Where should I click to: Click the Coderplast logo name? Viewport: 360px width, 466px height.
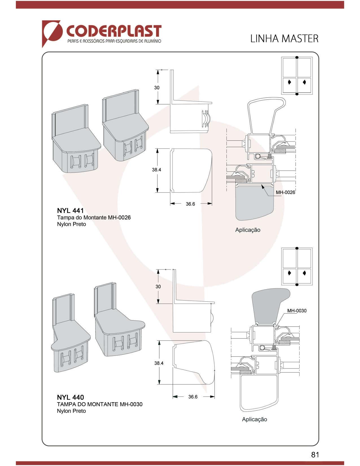coord(114,31)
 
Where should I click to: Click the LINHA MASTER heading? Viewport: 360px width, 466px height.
coord(284,39)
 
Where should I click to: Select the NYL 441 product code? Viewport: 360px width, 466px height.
coord(70,210)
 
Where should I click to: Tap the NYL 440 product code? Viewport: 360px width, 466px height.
coord(70,397)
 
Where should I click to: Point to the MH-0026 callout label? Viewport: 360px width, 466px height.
coord(285,193)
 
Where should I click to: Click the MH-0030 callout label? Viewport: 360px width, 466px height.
coord(296,311)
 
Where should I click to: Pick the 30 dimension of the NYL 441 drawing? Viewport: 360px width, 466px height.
coord(157,88)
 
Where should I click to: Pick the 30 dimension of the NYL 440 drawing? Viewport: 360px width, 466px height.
coord(158,287)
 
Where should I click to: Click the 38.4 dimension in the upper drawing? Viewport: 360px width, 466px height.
coord(156,170)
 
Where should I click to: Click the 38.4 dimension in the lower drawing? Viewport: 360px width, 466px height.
coord(159,363)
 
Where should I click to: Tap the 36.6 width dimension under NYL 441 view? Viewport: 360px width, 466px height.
coord(190,204)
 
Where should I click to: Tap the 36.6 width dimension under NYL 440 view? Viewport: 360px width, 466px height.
coord(193,397)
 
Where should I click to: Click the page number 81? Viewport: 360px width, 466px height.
coord(315,454)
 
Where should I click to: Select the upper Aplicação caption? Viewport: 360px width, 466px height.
coord(248,230)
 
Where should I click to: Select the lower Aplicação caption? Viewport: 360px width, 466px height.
coord(254,419)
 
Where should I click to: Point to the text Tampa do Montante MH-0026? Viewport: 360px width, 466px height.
coord(94,217)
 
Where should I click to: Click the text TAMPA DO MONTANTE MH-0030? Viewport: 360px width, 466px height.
coord(100,404)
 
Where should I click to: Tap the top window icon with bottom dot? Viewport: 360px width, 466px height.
coord(297,76)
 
